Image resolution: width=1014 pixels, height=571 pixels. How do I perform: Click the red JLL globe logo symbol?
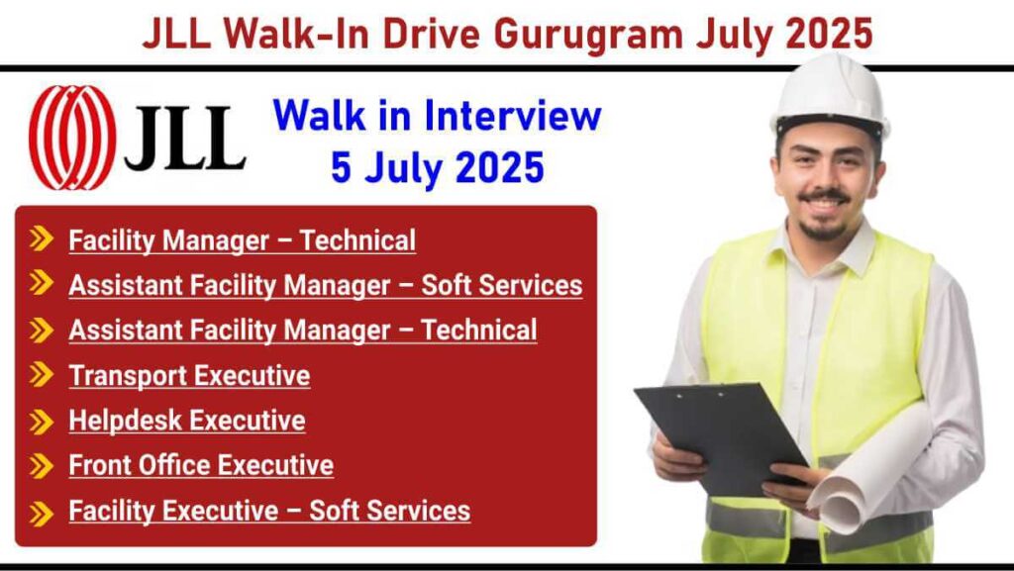(72, 138)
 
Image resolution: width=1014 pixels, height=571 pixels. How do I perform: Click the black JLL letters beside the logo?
(185, 139)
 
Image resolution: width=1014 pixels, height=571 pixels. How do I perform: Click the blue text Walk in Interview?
(437, 116)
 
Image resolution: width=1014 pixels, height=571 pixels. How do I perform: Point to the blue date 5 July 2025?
(437, 167)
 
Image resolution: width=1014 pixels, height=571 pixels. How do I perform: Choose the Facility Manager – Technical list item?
(242, 240)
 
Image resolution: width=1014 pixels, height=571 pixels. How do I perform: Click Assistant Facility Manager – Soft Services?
(325, 285)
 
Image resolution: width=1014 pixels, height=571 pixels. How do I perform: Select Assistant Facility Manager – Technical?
(302, 330)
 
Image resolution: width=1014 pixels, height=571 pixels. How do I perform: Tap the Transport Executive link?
(188, 376)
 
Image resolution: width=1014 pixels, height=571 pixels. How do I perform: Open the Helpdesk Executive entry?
(186, 421)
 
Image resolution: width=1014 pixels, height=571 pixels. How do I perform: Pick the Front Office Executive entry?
(200, 465)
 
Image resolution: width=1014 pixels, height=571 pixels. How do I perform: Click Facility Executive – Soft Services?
(268, 511)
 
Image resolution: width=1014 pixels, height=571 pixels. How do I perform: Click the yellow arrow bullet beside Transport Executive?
(41, 375)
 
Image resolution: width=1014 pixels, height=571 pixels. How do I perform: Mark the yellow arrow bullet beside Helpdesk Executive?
(41, 421)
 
